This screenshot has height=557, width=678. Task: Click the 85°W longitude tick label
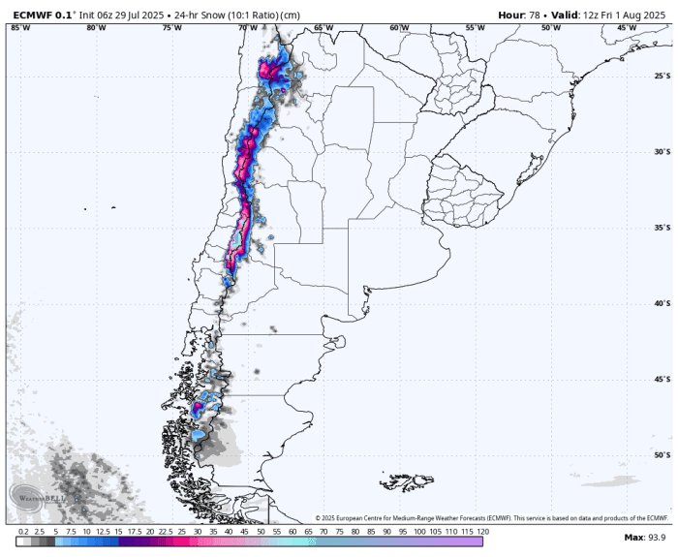19,27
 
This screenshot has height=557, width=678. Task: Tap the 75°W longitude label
172,27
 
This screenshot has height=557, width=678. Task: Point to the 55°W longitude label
475,27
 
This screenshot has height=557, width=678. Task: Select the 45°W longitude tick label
627,27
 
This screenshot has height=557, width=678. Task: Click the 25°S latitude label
663,77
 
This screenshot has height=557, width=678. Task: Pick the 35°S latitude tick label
663,228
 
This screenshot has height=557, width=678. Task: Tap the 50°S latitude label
663,454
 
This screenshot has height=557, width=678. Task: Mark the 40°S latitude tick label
663,303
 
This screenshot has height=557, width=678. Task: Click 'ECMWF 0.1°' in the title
38,15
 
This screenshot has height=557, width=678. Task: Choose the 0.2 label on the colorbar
23,532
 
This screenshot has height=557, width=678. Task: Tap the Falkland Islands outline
407,480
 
